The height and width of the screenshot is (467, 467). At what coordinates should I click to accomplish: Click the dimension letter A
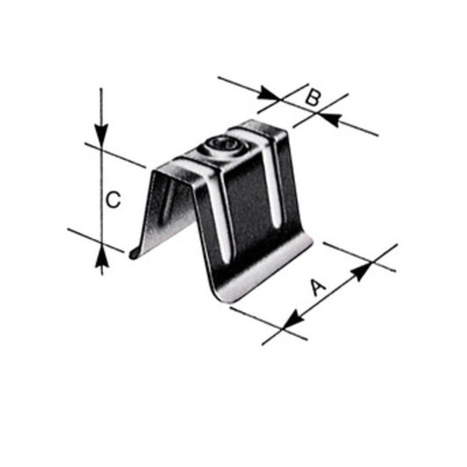coord(319,286)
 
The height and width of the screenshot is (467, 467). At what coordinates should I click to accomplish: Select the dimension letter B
coord(311,98)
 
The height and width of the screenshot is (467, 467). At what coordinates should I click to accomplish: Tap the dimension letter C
coord(113,201)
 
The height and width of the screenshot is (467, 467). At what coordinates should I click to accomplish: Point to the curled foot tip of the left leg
coord(134,256)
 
